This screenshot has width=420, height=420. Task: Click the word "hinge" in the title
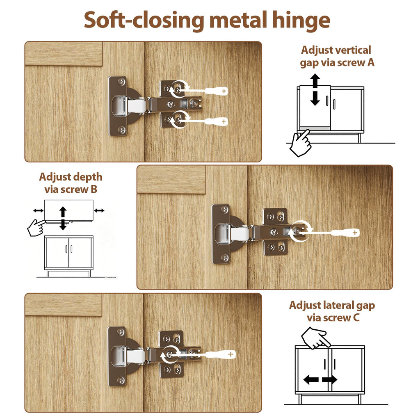[301, 21]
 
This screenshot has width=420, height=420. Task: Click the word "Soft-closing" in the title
[144, 20]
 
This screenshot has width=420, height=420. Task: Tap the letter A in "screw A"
[371, 62]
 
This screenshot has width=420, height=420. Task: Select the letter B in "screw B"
[94, 189]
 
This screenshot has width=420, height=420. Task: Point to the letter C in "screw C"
[356, 318]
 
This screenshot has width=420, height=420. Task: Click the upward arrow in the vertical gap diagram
[315, 81]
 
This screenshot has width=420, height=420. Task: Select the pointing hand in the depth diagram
[36, 228]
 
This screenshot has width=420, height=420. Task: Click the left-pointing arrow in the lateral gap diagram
[311, 379]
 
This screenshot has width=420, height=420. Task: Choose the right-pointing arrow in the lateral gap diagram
[329, 379]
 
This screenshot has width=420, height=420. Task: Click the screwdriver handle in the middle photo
[345, 233]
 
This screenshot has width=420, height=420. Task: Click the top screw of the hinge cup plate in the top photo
[122, 81]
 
